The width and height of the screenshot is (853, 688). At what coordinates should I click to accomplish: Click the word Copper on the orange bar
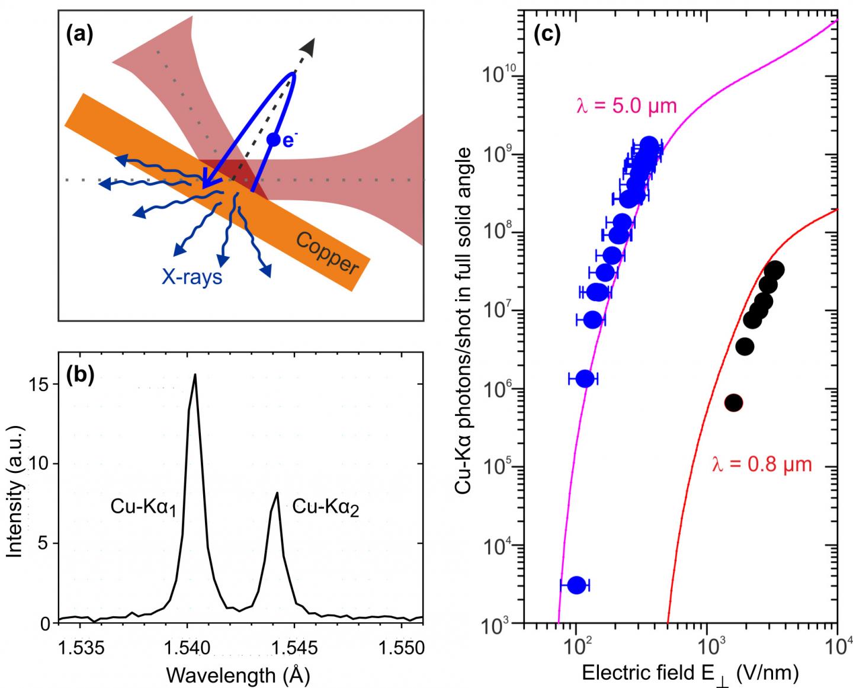326,254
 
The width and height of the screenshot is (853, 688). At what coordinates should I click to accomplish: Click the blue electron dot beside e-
272,139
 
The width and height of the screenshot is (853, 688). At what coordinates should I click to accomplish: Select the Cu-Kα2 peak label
326,507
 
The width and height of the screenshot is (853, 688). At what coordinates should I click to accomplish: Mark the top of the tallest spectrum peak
194,375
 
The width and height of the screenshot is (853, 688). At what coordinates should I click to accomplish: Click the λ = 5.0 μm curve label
626,107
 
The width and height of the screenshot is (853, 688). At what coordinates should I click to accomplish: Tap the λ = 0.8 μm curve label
761,464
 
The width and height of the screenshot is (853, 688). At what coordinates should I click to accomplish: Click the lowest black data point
734,403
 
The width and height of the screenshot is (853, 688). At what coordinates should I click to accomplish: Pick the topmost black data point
774,270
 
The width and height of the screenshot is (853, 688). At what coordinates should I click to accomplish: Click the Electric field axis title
690,674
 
